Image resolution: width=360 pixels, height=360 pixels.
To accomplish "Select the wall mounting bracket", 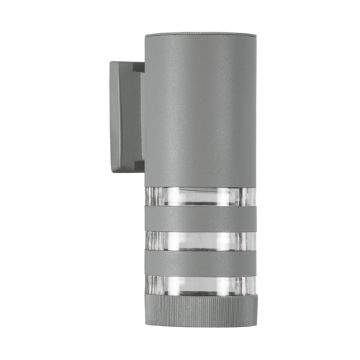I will coord(124,115).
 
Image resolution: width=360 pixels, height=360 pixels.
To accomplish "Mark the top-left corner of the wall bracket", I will coord(111,63).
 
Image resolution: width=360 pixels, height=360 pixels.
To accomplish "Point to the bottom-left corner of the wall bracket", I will coord(112,169).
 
